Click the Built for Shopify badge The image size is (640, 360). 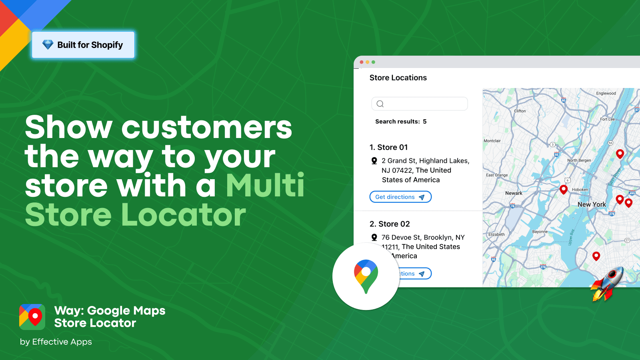[83, 45]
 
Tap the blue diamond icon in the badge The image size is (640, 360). [48, 44]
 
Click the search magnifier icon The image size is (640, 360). [380, 104]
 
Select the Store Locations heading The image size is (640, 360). [398, 78]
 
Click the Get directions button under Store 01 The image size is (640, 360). [400, 197]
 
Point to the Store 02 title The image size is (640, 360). [390, 224]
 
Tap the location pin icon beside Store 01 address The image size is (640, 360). [374, 161]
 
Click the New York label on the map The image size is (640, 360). [592, 204]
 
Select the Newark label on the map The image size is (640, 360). [514, 193]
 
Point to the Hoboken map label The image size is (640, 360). [580, 190]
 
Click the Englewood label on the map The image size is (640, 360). [606, 94]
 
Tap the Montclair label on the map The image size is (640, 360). [492, 141]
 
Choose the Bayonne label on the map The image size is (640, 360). [540, 232]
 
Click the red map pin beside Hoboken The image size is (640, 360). [564, 189]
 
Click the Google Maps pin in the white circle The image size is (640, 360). [366, 276]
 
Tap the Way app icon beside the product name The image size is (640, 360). [32, 317]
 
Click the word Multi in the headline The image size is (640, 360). [265, 186]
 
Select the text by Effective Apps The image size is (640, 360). [56, 342]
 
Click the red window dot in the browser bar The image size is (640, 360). [362, 62]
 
